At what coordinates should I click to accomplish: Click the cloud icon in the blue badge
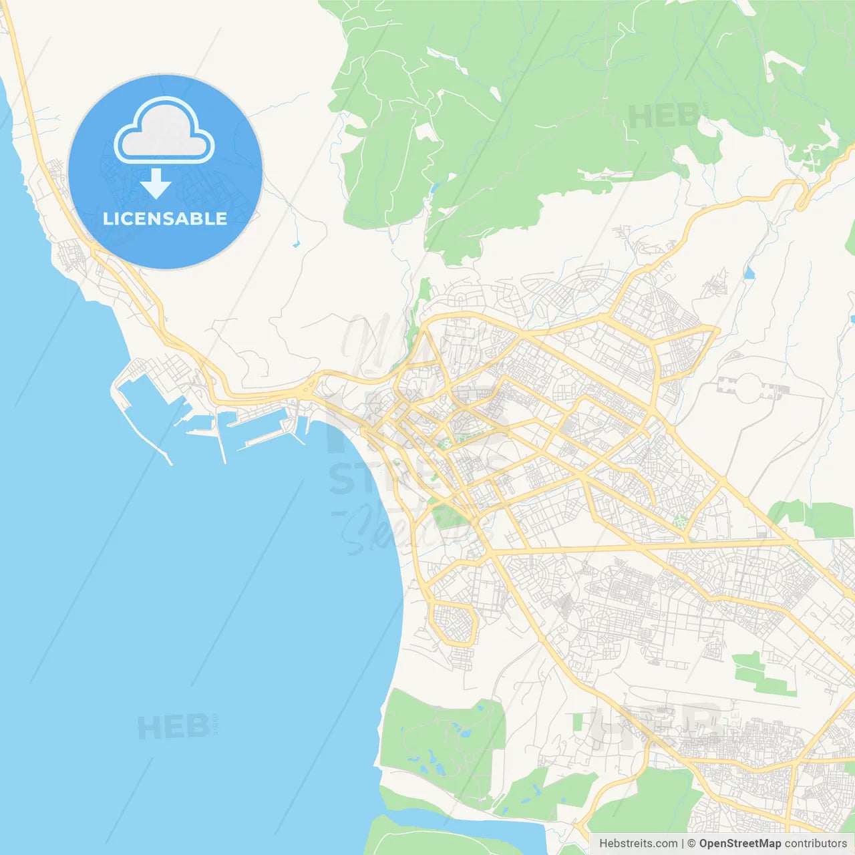click(x=164, y=130)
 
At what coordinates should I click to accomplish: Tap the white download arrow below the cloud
click(x=156, y=184)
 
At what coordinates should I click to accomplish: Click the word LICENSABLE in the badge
click(x=165, y=218)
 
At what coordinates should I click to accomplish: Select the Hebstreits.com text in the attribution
click(x=638, y=844)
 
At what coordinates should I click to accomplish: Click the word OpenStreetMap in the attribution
click(x=739, y=844)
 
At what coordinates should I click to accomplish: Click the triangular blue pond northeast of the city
click(x=749, y=273)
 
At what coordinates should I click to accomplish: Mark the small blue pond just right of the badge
click(x=296, y=244)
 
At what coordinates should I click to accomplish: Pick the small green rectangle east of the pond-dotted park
click(x=578, y=721)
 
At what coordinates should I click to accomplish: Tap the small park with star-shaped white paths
click(x=681, y=522)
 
